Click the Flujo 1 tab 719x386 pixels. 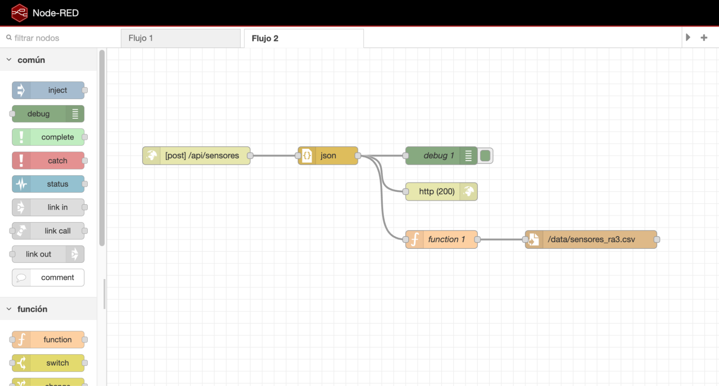[x=181, y=38]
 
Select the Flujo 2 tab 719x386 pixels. [x=304, y=38]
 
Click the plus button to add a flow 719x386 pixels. [x=704, y=37]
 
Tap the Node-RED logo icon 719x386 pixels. [x=19, y=13]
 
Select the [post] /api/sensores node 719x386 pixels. [x=196, y=156]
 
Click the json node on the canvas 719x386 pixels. [x=328, y=156]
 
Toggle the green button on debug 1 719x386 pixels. [x=485, y=156]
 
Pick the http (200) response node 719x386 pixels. [x=441, y=192]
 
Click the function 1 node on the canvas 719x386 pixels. [x=441, y=239]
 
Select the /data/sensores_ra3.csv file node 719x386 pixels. [x=591, y=239]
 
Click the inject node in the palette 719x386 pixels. [x=48, y=90]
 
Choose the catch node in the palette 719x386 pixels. [x=48, y=161]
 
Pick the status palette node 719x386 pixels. [x=48, y=184]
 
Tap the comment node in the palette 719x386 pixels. [x=48, y=278]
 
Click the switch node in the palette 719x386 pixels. [x=48, y=363]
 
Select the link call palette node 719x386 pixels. [x=48, y=231]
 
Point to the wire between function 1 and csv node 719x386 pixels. [x=501, y=239]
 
